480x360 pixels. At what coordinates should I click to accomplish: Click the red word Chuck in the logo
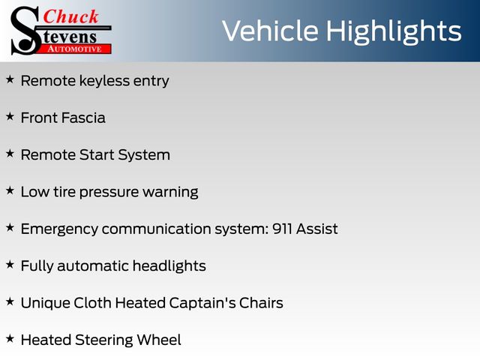(x=70, y=16)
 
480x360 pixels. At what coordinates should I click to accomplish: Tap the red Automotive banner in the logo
(x=75, y=49)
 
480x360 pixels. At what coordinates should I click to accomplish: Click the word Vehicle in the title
(x=270, y=31)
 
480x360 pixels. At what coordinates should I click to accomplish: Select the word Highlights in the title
(x=394, y=32)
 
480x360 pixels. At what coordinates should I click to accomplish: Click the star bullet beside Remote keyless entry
(x=10, y=79)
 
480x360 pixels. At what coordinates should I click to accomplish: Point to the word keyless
(x=104, y=82)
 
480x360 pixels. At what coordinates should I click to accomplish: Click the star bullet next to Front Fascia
(x=10, y=117)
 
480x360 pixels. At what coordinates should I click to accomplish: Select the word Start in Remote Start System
(x=97, y=155)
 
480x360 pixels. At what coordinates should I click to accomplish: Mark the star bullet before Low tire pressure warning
(x=10, y=190)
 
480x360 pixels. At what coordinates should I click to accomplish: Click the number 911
(x=282, y=229)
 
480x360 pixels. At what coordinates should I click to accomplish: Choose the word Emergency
(x=59, y=229)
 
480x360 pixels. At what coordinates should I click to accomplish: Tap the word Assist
(x=316, y=229)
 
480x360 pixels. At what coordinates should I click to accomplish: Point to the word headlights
(x=169, y=266)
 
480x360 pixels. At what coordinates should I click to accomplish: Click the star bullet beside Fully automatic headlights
(x=10, y=265)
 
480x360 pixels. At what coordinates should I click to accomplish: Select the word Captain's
(x=202, y=303)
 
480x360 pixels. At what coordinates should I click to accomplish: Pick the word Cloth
(x=92, y=303)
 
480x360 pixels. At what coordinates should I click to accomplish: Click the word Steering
(x=103, y=340)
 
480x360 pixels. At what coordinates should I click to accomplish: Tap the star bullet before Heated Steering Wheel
(x=10, y=339)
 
